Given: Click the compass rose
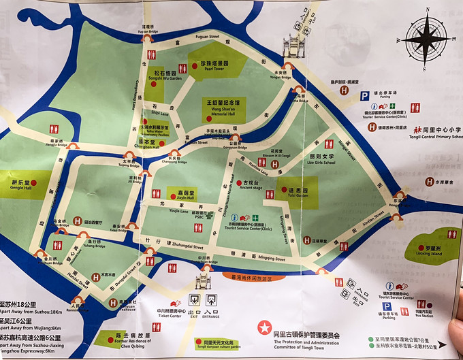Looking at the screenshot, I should (x=427, y=39).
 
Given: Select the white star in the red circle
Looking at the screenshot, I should (x=264, y=328).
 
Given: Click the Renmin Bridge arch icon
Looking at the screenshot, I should (x=77, y=299).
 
